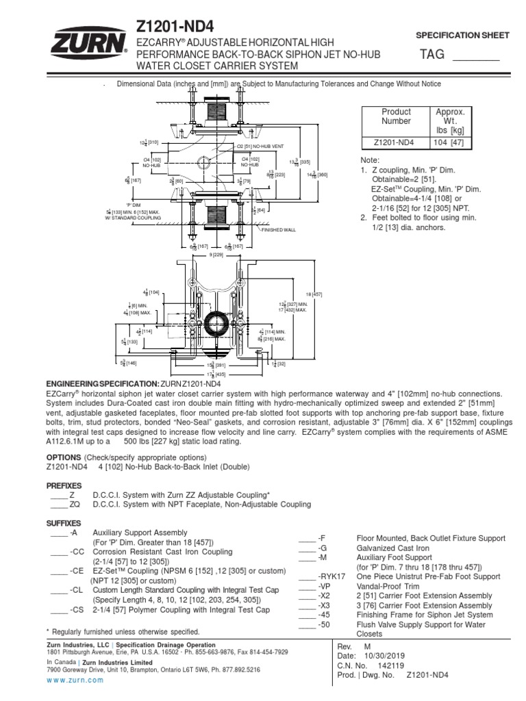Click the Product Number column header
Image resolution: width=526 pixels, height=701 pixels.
pos(397,116)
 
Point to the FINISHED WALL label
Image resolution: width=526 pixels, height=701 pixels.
pos(277,231)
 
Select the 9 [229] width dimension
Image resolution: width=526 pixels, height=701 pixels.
pos(218,255)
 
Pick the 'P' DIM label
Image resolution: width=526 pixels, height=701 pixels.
pos(133,205)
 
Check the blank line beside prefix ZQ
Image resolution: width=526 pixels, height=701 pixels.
pos(58,504)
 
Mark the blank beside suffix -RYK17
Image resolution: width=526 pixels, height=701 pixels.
pos(306,577)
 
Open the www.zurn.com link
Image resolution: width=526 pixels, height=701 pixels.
pos(75,680)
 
